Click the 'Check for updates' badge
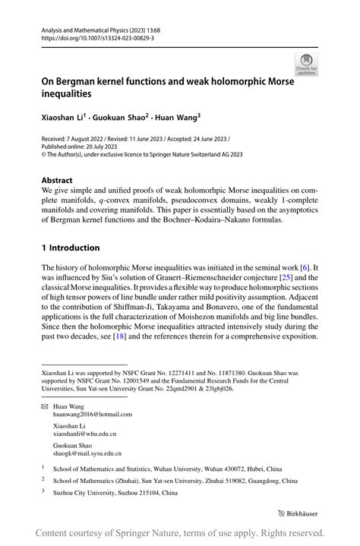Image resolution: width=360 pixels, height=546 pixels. point(307,65)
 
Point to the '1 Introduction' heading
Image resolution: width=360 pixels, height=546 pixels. point(71,248)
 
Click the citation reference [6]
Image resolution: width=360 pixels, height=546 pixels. point(304,267)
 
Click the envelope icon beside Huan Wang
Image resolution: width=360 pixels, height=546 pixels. point(45,407)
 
